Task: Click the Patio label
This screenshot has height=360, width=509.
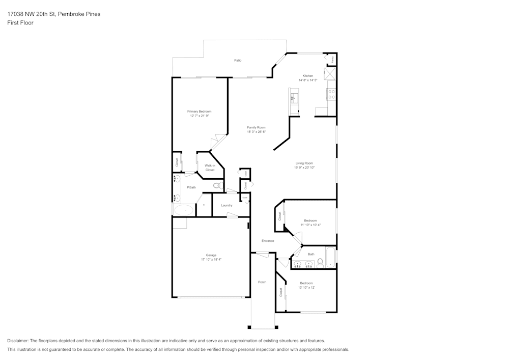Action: click(238, 61)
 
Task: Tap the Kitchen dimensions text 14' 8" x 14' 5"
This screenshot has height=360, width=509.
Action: click(308, 80)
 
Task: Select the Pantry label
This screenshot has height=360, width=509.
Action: click(333, 60)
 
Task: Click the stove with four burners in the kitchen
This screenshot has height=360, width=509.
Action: click(331, 94)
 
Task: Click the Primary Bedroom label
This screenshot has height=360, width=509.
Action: click(199, 112)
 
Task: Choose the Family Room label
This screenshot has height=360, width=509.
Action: click(256, 127)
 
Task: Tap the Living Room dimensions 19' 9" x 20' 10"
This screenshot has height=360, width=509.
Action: click(304, 168)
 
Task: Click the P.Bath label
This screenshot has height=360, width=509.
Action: click(191, 187)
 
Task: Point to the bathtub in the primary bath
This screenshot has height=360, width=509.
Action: click(184, 210)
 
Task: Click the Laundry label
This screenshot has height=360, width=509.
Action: click(227, 205)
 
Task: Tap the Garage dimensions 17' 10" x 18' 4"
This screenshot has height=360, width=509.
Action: click(211, 260)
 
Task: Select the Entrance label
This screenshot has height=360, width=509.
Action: click(268, 241)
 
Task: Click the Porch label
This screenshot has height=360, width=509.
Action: click(262, 282)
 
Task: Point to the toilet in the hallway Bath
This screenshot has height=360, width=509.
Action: click(320, 263)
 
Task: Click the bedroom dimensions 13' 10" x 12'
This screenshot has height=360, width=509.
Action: click(306, 288)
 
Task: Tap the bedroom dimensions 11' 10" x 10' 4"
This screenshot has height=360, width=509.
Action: click(310, 225)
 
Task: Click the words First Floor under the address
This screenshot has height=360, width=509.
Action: click(20, 23)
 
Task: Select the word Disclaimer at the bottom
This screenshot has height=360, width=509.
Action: click(18, 341)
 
